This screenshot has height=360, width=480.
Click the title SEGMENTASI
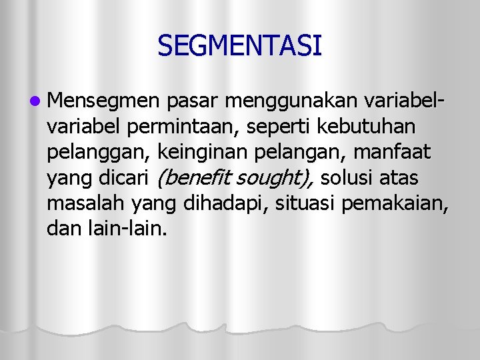[240, 46]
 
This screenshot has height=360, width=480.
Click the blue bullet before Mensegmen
[34, 101]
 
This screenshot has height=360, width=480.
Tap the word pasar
[193, 101]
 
